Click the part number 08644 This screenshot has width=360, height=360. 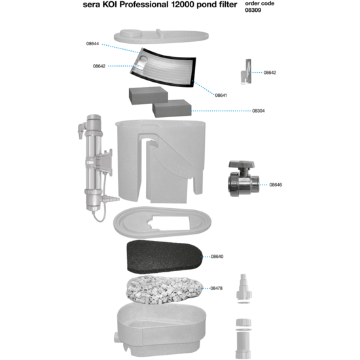point(92,44)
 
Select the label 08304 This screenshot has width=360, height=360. point(259,111)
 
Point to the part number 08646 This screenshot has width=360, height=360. point(276,185)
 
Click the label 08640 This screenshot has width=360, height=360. point(217,257)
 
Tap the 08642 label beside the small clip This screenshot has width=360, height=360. point(270,73)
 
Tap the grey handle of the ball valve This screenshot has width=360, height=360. point(240,165)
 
